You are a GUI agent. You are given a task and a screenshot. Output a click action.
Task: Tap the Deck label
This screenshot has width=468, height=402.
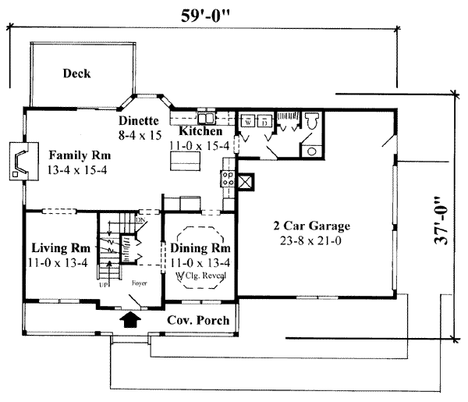(x=76, y=74)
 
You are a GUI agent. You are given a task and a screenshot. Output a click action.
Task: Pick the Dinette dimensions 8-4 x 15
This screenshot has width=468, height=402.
(x=140, y=135)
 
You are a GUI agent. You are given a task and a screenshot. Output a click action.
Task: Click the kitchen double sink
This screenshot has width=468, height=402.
(x=208, y=119)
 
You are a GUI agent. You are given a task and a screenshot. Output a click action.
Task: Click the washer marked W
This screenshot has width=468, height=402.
(x=248, y=123)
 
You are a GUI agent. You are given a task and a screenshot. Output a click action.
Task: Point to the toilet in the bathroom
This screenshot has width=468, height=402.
(x=312, y=121)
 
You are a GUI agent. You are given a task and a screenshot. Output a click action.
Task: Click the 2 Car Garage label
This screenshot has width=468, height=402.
(x=311, y=226)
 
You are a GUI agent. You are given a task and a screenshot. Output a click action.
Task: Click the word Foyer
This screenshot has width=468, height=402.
(x=139, y=283)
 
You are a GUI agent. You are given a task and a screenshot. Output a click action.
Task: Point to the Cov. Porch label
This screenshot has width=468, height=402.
(x=198, y=321)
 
